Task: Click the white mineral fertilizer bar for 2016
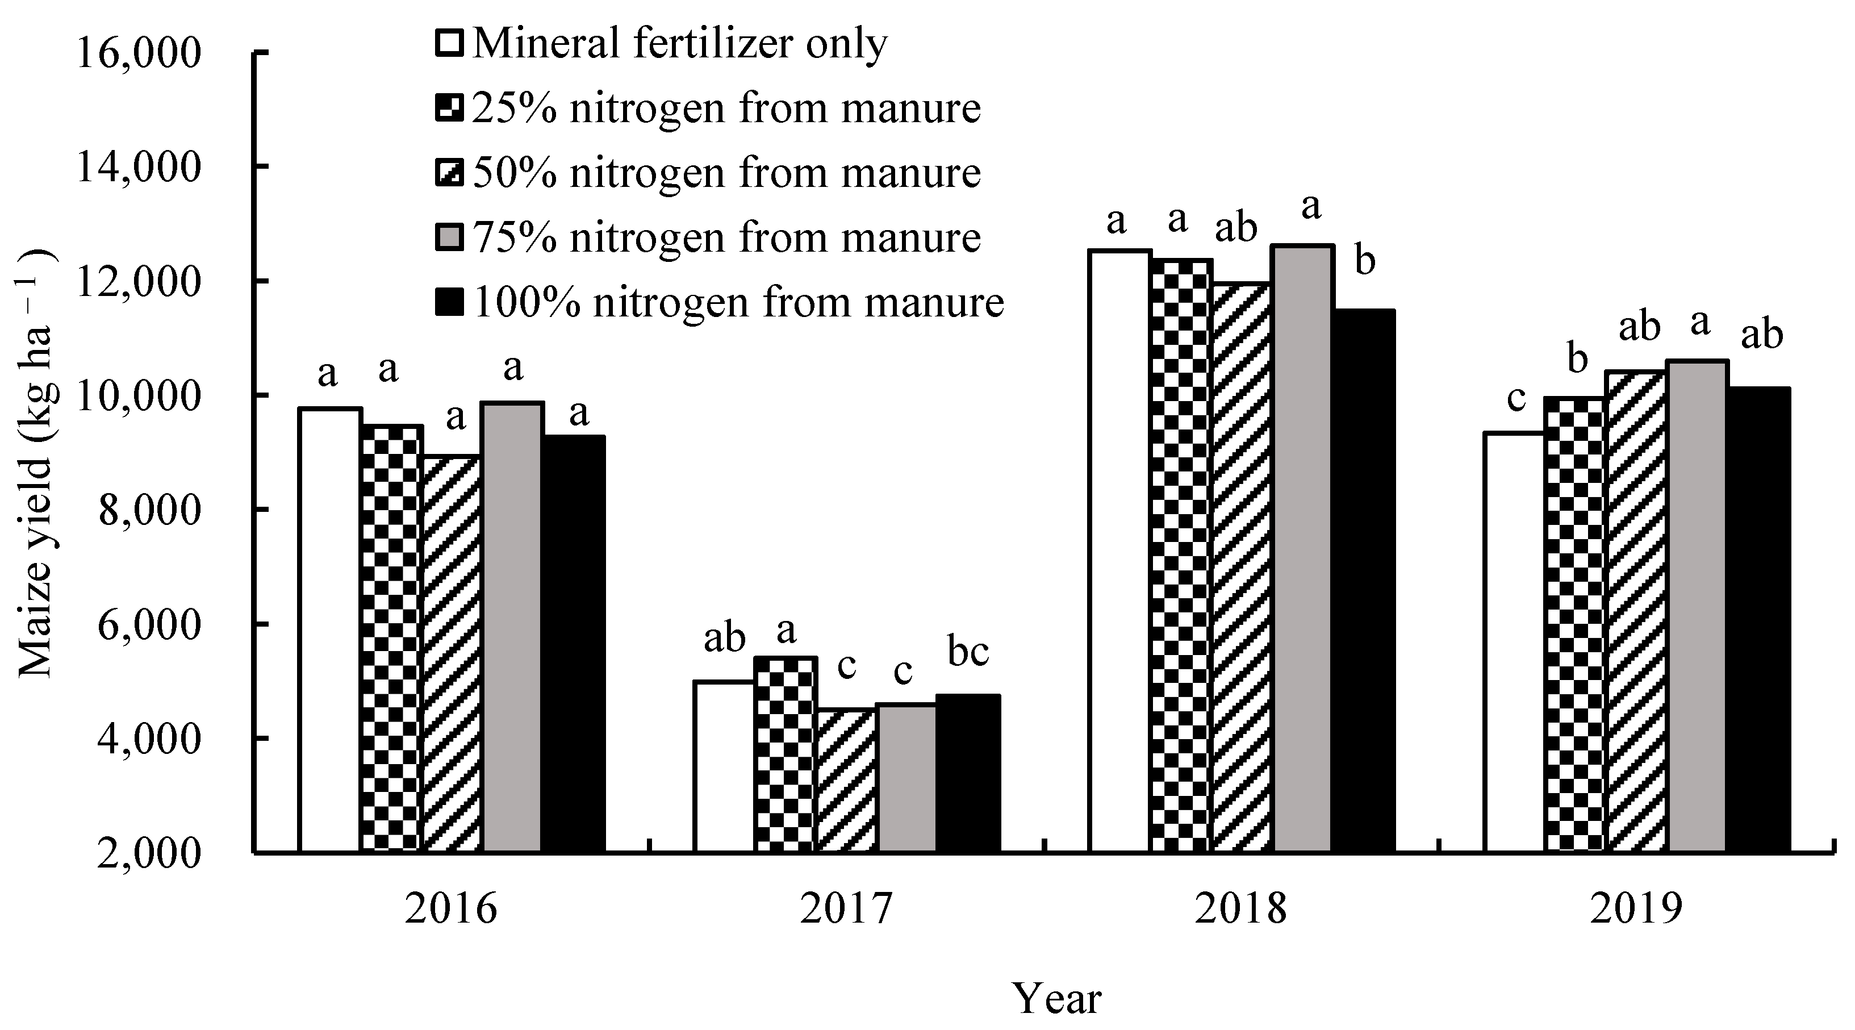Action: pos(330,630)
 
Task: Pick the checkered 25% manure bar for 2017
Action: pos(786,754)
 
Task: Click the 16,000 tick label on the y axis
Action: pos(137,54)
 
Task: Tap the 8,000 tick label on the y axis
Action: pos(148,511)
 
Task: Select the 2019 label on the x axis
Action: pos(1635,910)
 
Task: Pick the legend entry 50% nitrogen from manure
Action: pos(725,173)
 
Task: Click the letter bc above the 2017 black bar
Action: pos(968,652)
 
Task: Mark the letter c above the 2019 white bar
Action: pos(1516,398)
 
